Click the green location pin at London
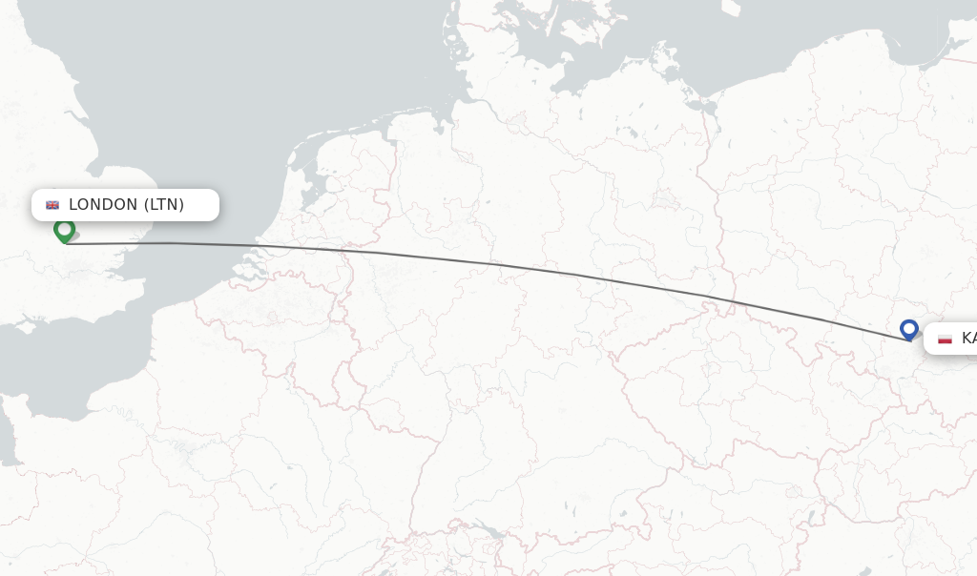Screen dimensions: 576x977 click(x=64, y=231)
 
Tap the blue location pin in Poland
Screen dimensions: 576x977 click(x=908, y=330)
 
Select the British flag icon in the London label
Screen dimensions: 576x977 click(x=52, y=205)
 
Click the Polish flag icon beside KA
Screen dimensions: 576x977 click(x=945, y=339)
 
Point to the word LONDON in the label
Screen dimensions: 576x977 click(x=103, y=205)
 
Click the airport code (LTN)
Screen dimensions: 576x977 click(x=164, y=205)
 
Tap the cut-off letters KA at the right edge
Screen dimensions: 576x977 click(x=968, y=339)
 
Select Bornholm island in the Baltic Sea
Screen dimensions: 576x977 click(x=731, y=8)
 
